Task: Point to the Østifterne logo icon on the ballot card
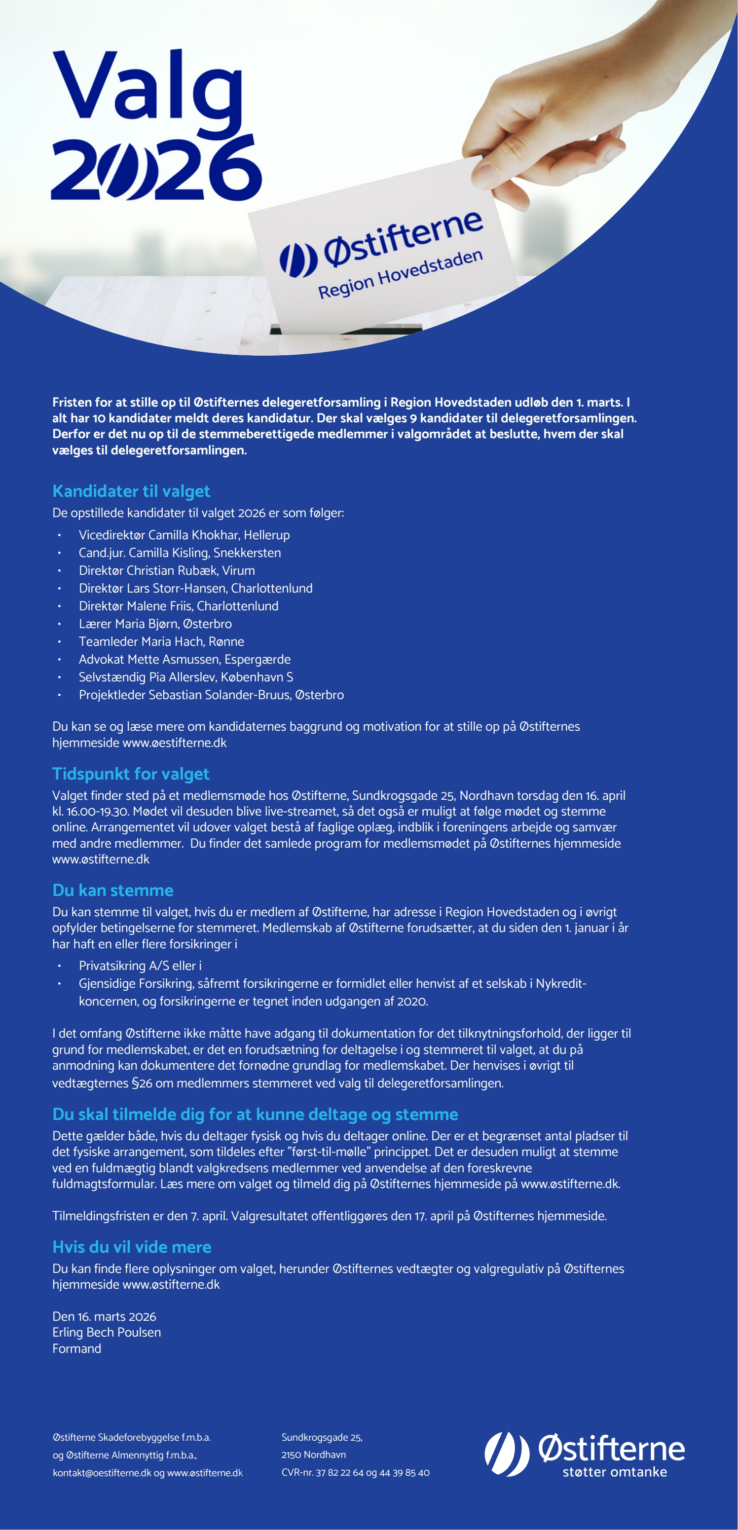[298, 260]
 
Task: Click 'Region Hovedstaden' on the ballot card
[400, 274]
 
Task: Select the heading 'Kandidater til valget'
[131, 491]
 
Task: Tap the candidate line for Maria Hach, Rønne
[161, 641]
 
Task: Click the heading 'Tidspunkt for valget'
[131, 774]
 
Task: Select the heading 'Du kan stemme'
[113, 891]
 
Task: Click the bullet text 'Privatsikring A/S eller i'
[140, 966]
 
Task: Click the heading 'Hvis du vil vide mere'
[132, 1247]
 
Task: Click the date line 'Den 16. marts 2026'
[104, 1316]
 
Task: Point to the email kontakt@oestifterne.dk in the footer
[102, 1473]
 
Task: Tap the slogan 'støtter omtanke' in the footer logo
[615, 1472]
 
